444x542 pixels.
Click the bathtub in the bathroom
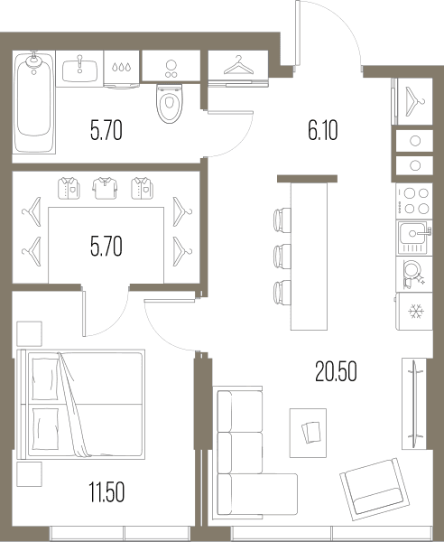(34, 102)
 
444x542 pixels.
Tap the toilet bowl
(169, 103)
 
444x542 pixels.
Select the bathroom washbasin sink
(79, 70)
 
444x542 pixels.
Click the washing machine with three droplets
(122, 70)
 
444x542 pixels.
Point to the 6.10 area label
(323, 131)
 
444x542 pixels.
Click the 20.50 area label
(336, 371)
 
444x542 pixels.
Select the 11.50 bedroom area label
(106, 492)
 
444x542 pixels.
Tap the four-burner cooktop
(414, 201)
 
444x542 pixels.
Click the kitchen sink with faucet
(414, 238)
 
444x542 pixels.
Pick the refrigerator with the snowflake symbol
(414, 311)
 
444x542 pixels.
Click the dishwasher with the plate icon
(414, 274)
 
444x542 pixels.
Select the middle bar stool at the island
(282, 257)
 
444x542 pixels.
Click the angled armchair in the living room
(375, 489)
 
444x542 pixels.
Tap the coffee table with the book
(308, 433)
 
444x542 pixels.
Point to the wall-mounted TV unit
(414, 404)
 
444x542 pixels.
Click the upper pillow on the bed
(46, 379)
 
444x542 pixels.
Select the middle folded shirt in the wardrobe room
(105, 188)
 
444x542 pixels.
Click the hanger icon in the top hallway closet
(238, 65)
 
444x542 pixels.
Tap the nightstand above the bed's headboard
(30, 333)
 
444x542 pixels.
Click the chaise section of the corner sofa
(257, 493)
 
